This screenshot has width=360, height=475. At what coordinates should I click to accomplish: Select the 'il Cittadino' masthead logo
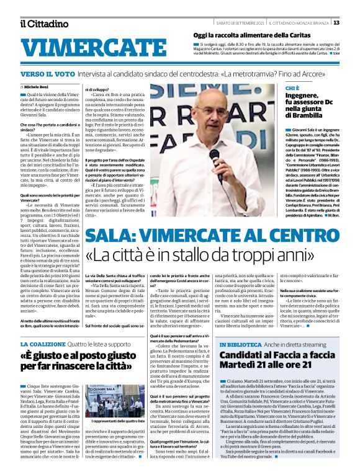click(x=43, y=24)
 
